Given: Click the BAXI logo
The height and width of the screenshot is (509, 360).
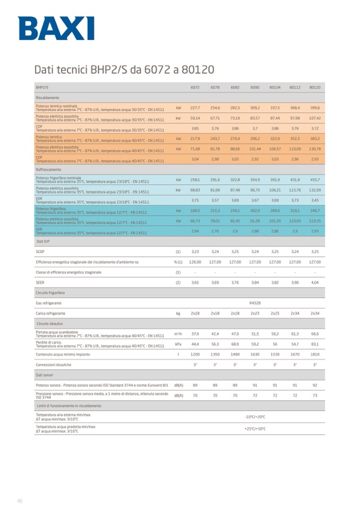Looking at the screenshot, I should [x=56, y=28].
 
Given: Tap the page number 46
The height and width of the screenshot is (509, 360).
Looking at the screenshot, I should [x=20, y=500].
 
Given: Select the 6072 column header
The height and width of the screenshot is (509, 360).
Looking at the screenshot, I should [x=195, y=87].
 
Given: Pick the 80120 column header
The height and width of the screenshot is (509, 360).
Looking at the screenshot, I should [x=314, y=87].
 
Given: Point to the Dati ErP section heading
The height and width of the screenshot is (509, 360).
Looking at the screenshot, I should [x=44, y=241].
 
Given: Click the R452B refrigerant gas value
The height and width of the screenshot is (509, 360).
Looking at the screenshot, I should [x=255, y=303].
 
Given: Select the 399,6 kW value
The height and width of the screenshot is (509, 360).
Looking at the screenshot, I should [x=314, y=107].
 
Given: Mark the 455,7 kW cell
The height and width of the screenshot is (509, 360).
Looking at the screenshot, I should [x=314, y=180].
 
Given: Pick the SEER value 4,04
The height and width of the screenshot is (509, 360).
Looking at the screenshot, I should [x=314, y=282].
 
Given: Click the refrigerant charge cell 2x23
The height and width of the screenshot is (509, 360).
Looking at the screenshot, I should [x=255, y=313].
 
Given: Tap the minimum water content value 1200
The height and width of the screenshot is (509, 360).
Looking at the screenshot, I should [x=195, y=354].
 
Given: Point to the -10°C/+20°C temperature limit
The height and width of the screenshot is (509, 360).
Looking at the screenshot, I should [x=255, y=417].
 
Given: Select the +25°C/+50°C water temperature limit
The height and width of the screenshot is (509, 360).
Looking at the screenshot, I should [x=255, y=428].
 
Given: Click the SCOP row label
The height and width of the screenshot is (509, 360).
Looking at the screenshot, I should [x=41, y=252].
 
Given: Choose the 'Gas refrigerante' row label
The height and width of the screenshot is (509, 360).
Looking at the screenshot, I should [x=50, y=303].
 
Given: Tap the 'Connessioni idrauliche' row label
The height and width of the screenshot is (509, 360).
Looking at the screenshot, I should [x=53, y=365].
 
